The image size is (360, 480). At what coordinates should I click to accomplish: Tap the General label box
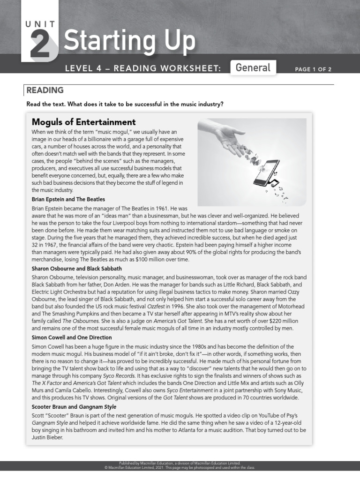tap(253, 67)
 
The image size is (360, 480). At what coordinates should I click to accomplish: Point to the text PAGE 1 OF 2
tap(313, 69)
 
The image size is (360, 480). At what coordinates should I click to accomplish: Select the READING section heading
tap(45, 90)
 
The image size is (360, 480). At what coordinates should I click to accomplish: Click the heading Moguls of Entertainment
tap(83, 122)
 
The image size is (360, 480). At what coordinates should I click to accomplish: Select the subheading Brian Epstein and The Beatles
tap(68, 199)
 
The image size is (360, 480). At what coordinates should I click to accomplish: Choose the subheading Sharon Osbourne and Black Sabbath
tap(76, 269)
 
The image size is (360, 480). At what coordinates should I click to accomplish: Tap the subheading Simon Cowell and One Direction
tap(71, 337)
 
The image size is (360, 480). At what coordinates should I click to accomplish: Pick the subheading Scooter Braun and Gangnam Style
tap(74, 406)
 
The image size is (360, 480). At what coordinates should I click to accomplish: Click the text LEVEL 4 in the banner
tap(82, 69)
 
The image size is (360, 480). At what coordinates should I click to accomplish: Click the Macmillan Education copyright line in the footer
tap(180, 467)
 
